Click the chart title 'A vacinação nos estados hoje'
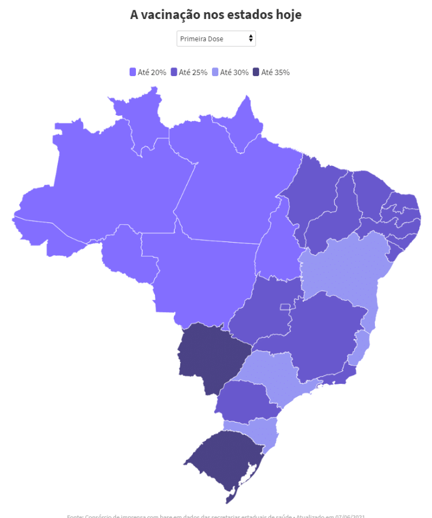tap(215, 14)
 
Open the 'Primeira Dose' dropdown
tap(215, 39)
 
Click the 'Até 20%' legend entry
tap(148, 73)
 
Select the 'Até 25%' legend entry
tap(189, 73)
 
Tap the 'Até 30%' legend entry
tap(230, 73)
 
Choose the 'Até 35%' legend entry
tap(271, 73)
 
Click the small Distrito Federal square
tap(285, 307)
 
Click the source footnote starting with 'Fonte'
tap(215, 515)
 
